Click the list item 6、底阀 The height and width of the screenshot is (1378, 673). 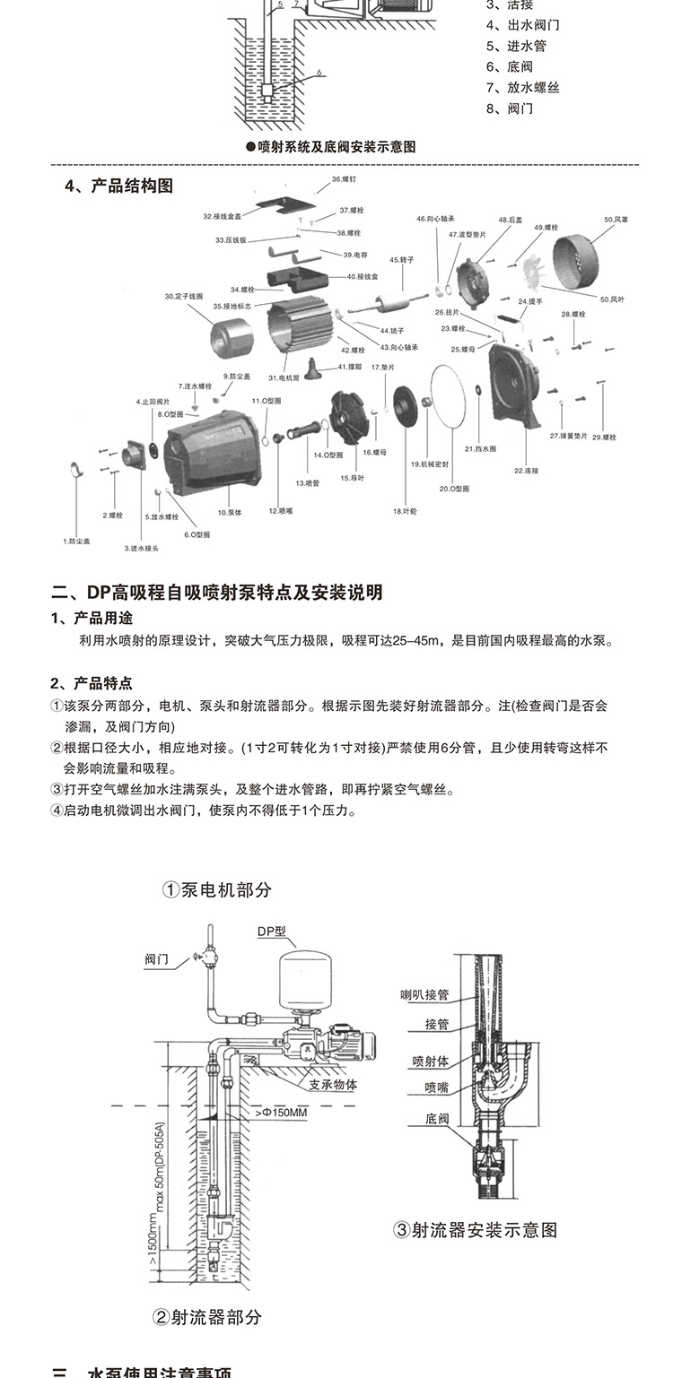(x=510, y=66)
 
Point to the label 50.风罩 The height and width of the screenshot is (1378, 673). (x=616, y=219)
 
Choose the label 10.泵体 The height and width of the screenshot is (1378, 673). (x=228, y=512)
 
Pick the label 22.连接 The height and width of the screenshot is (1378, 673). (x=525, y=470)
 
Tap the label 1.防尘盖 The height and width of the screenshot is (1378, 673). (x=76, y=541)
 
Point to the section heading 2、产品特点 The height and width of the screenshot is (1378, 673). (x=92, y=682)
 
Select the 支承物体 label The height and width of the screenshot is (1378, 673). (x=333, y=1084)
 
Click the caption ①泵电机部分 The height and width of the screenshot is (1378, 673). (x=216, y=890)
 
